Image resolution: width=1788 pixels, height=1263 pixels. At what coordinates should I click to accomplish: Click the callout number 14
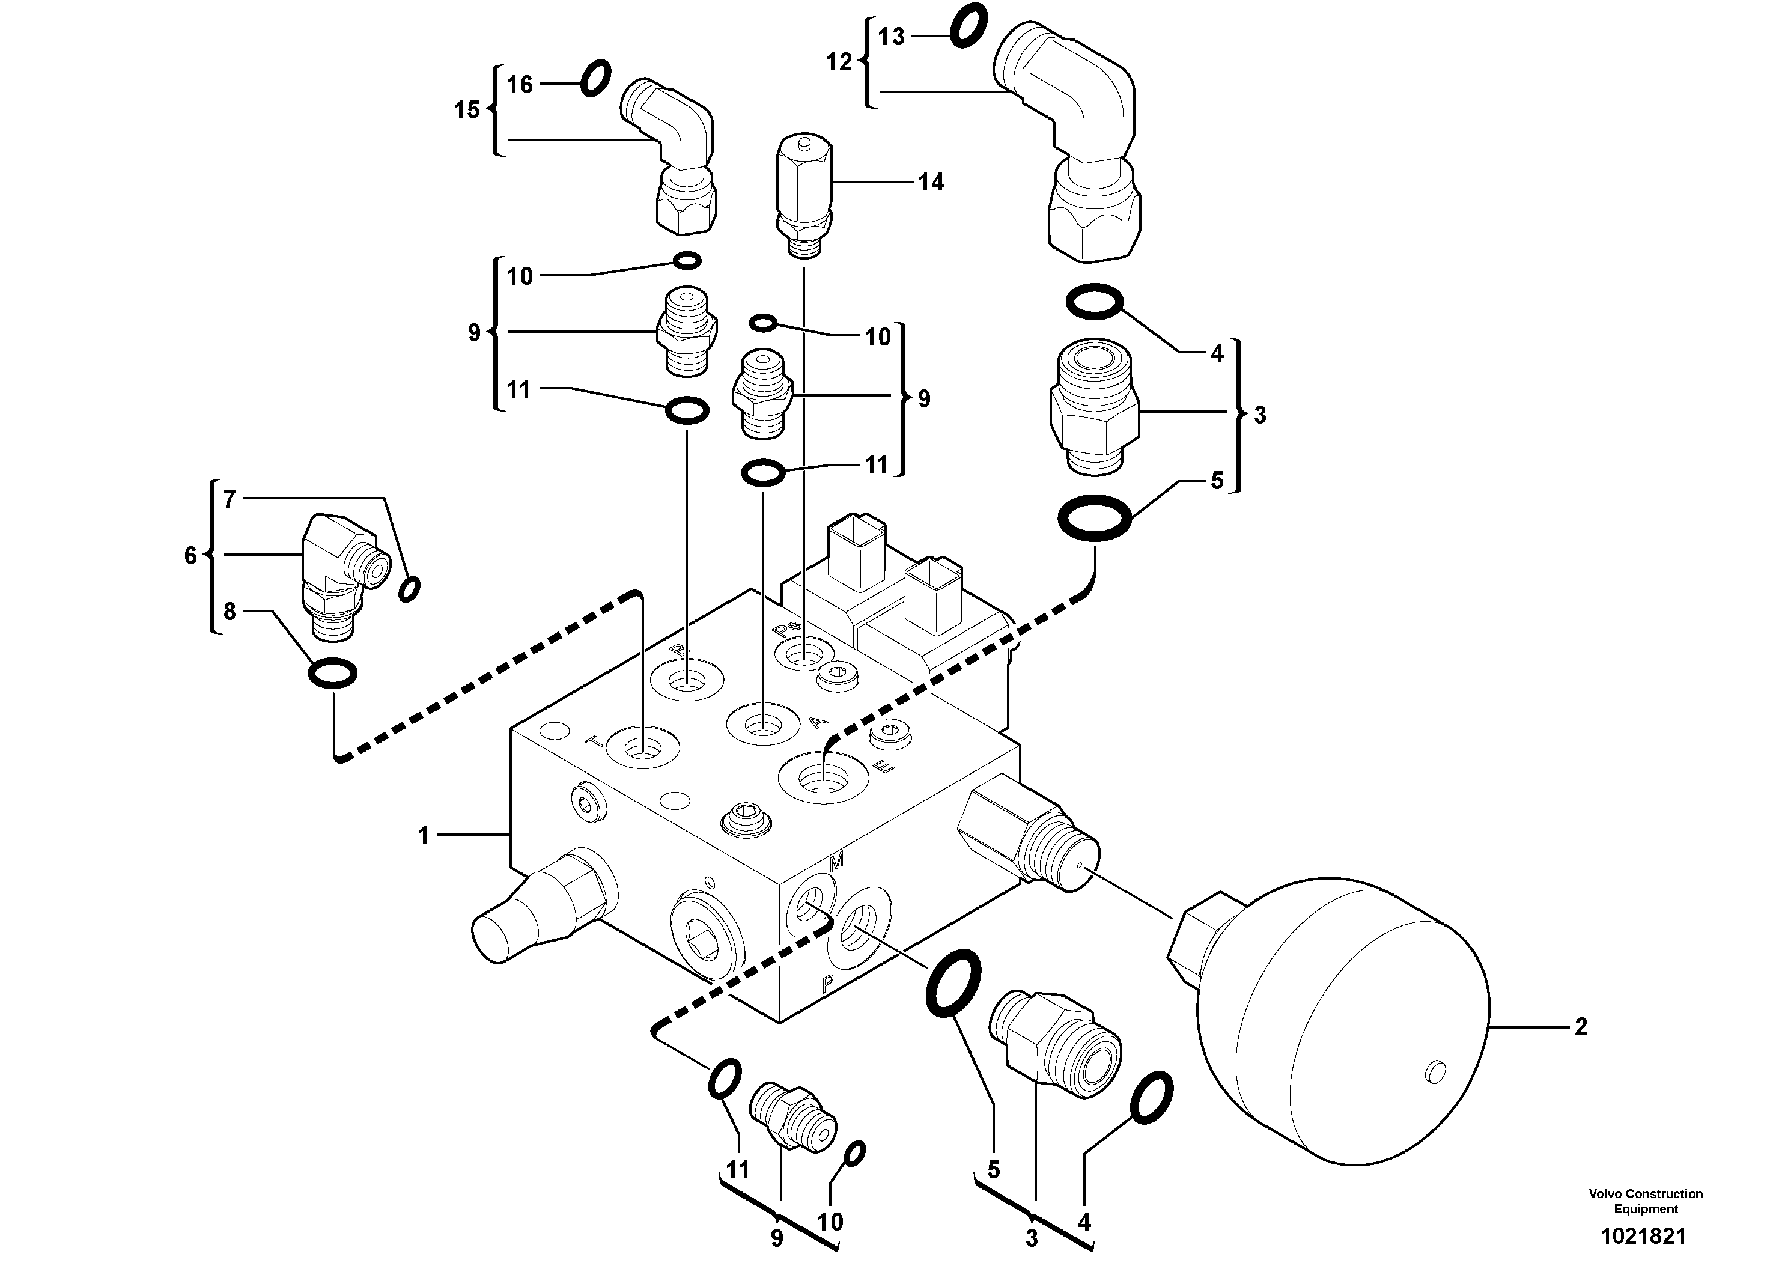point(931,182)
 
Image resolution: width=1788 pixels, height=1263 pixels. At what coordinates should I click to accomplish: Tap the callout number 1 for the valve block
point(424,836)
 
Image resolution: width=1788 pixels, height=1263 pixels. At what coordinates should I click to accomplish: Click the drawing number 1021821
point(1643,1236)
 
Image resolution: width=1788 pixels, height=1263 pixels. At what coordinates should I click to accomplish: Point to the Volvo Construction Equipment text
point(1646,1201)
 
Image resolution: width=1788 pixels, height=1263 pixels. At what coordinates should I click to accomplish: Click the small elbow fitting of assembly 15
point(674,156)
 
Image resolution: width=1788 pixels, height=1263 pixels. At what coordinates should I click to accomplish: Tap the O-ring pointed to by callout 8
point(333,673)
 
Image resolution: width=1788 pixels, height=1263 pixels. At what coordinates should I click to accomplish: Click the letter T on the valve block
point(594,742)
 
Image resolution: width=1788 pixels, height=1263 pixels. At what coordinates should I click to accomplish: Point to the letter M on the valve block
point(836,862)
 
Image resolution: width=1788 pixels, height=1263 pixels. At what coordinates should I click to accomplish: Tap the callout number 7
point(229,499)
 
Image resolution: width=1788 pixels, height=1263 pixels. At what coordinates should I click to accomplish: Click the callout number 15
point(467,111)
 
